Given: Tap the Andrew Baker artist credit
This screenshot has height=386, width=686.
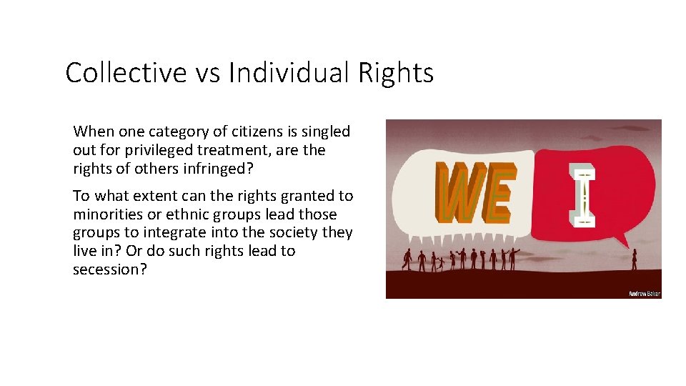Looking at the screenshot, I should click(x=642, y=293).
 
